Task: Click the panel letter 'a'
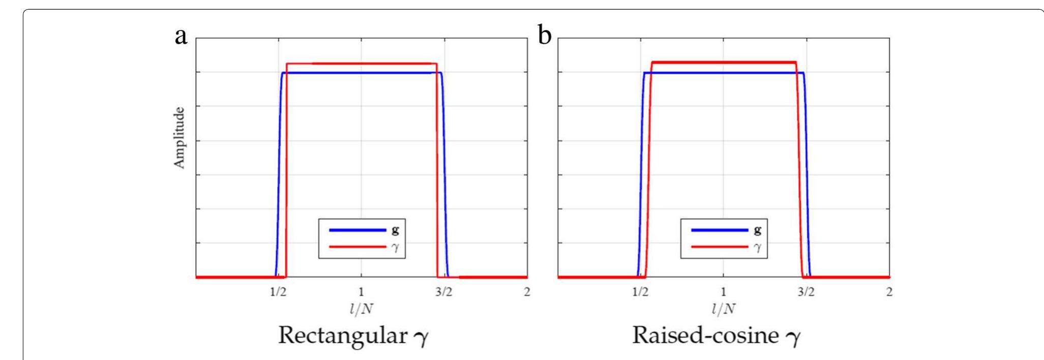(181, 37)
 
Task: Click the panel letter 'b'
(544, 36)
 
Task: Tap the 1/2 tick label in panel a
(278, 292)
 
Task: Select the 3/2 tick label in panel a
(443, 292)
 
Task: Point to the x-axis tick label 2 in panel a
(527, 292)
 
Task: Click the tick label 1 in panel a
(361, 292)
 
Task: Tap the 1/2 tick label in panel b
(640, 292)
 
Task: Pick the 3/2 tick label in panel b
(806, 292)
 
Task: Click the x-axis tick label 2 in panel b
(889, 292)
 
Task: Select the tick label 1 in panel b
(723, 292)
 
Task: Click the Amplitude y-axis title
(179, 138)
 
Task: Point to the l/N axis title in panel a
(361, 308)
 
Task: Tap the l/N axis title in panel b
(723, 308)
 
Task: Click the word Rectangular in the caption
(342, 336)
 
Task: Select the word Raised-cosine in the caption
(705, 336)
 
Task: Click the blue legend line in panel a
(357, 230)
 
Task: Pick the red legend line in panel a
(357, 247)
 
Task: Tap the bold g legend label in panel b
(757, 230)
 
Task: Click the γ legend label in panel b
(757, 248)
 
